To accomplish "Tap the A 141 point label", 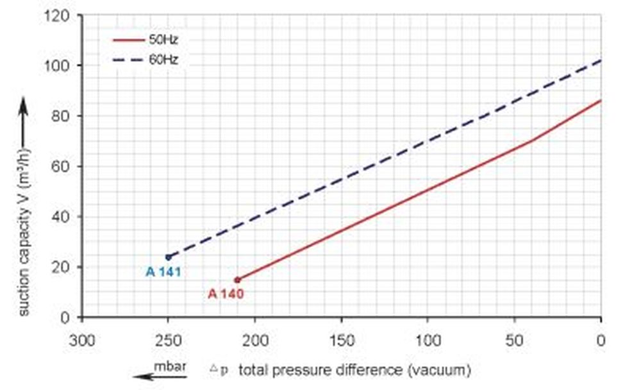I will click(163, 272).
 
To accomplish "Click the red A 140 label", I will click(226, 294).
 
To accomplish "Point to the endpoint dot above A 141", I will click(169, 257).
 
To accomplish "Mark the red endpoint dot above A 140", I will click(237, 280).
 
